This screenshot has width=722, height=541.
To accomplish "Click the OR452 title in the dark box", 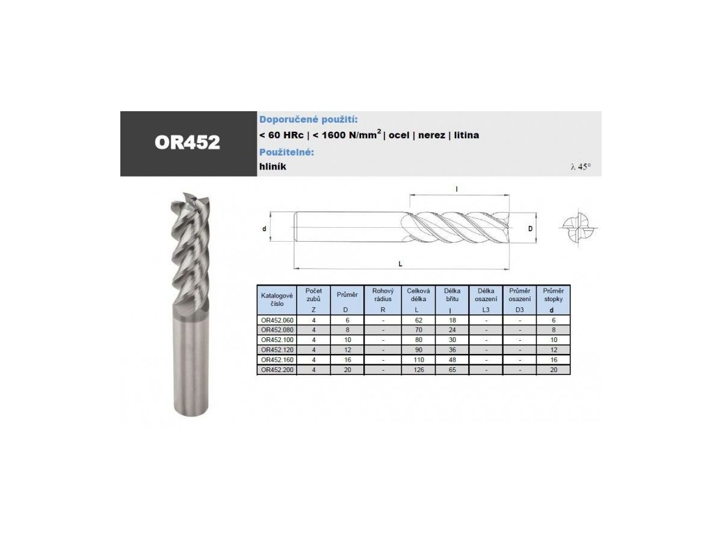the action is pos(187,142).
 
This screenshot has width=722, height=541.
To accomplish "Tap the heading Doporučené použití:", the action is pos(308,120).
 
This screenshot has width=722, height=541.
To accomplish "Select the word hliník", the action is pos(273,167).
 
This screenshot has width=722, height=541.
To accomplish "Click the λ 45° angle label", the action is pos(581,167).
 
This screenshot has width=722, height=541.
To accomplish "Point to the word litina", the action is pos(466,135).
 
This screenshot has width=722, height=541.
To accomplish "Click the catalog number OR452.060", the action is pos(277,320).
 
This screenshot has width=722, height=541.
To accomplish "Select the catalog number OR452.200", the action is pos(277,370).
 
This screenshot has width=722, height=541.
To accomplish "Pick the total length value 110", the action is pos(418,359).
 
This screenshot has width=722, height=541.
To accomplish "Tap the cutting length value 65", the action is pos(452,370).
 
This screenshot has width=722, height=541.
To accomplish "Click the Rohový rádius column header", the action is pos(383,295).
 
